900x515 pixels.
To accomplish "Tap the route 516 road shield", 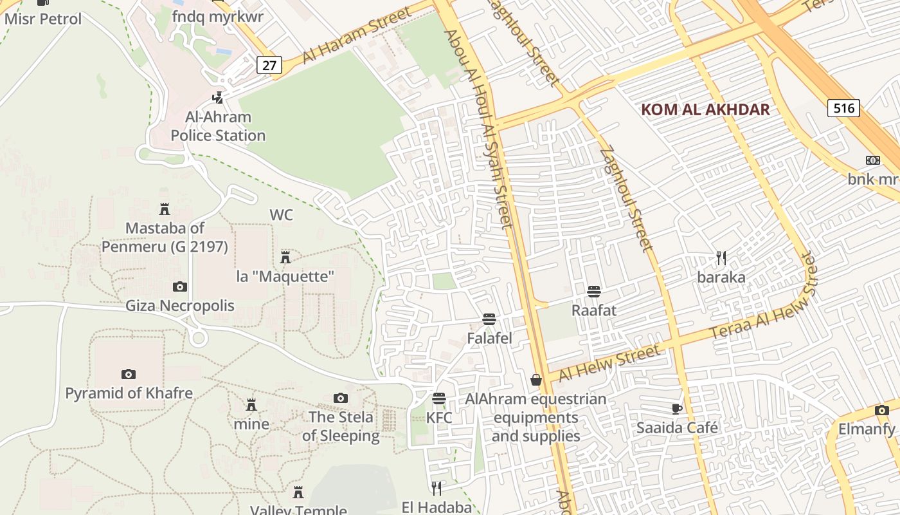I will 843,108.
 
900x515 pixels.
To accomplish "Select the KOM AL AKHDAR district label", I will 705,109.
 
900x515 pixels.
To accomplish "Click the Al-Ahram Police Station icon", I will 218,98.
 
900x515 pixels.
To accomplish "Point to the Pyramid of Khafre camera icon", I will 129,374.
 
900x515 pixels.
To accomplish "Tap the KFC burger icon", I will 439,398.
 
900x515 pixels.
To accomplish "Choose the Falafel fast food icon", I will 489,319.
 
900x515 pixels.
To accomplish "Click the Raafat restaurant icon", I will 594,292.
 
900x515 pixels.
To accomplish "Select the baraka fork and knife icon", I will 721,258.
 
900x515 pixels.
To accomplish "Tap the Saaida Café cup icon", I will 676,409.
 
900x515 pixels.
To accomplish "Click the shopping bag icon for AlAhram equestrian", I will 536,380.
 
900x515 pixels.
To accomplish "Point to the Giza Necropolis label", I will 181,305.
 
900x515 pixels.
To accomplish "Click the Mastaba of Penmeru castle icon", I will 165,209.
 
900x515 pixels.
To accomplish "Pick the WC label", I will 281,215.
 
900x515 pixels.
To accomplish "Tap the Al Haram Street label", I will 355,36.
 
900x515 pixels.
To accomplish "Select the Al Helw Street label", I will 609,363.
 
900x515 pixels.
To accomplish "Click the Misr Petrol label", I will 43,19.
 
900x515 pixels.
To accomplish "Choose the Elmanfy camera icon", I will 881,410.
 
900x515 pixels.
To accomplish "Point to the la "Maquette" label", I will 285,277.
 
